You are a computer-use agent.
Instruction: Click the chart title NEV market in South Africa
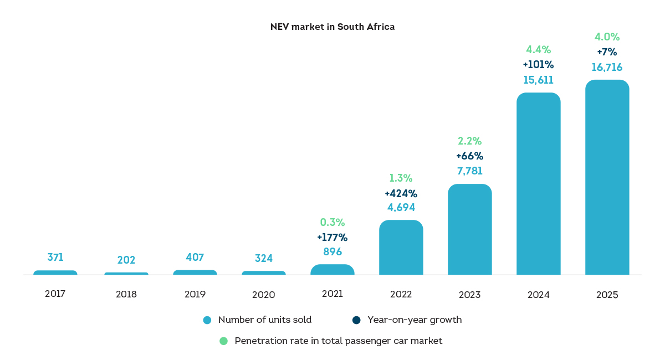(x=332, y=27)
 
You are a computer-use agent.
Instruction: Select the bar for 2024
(x=538, y=183)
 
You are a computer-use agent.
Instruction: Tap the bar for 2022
(x=401, y=247)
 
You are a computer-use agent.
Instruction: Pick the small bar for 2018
(x=126, y=274)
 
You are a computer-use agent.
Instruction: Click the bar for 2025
(x=607, y=177)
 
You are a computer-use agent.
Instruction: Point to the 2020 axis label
(x=264, y=295)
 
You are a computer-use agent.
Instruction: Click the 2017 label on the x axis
(x=55, y=294)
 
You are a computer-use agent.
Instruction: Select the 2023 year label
(x=470, y=295)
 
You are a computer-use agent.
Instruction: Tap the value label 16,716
(x=607, y=68)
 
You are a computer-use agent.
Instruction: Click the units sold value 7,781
(x=470, y=171)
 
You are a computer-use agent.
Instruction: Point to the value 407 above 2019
(x=195, y=257)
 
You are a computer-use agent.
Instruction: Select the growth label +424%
(x=401, y=193)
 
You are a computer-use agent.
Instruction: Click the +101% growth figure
(x=538, y=64)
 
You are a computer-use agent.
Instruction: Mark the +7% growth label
(x=607, y=52)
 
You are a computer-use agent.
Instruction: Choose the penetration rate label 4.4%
(x=538, y=49)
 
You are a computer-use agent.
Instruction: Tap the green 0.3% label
(x=332, y=222)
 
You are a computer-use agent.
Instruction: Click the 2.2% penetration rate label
(x=470, y=141)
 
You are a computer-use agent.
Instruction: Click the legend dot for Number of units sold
(x=207, y=320)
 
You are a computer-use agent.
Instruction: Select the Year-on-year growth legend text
(x=415, y=320)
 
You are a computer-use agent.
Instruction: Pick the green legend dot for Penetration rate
(x=223, y=341)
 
